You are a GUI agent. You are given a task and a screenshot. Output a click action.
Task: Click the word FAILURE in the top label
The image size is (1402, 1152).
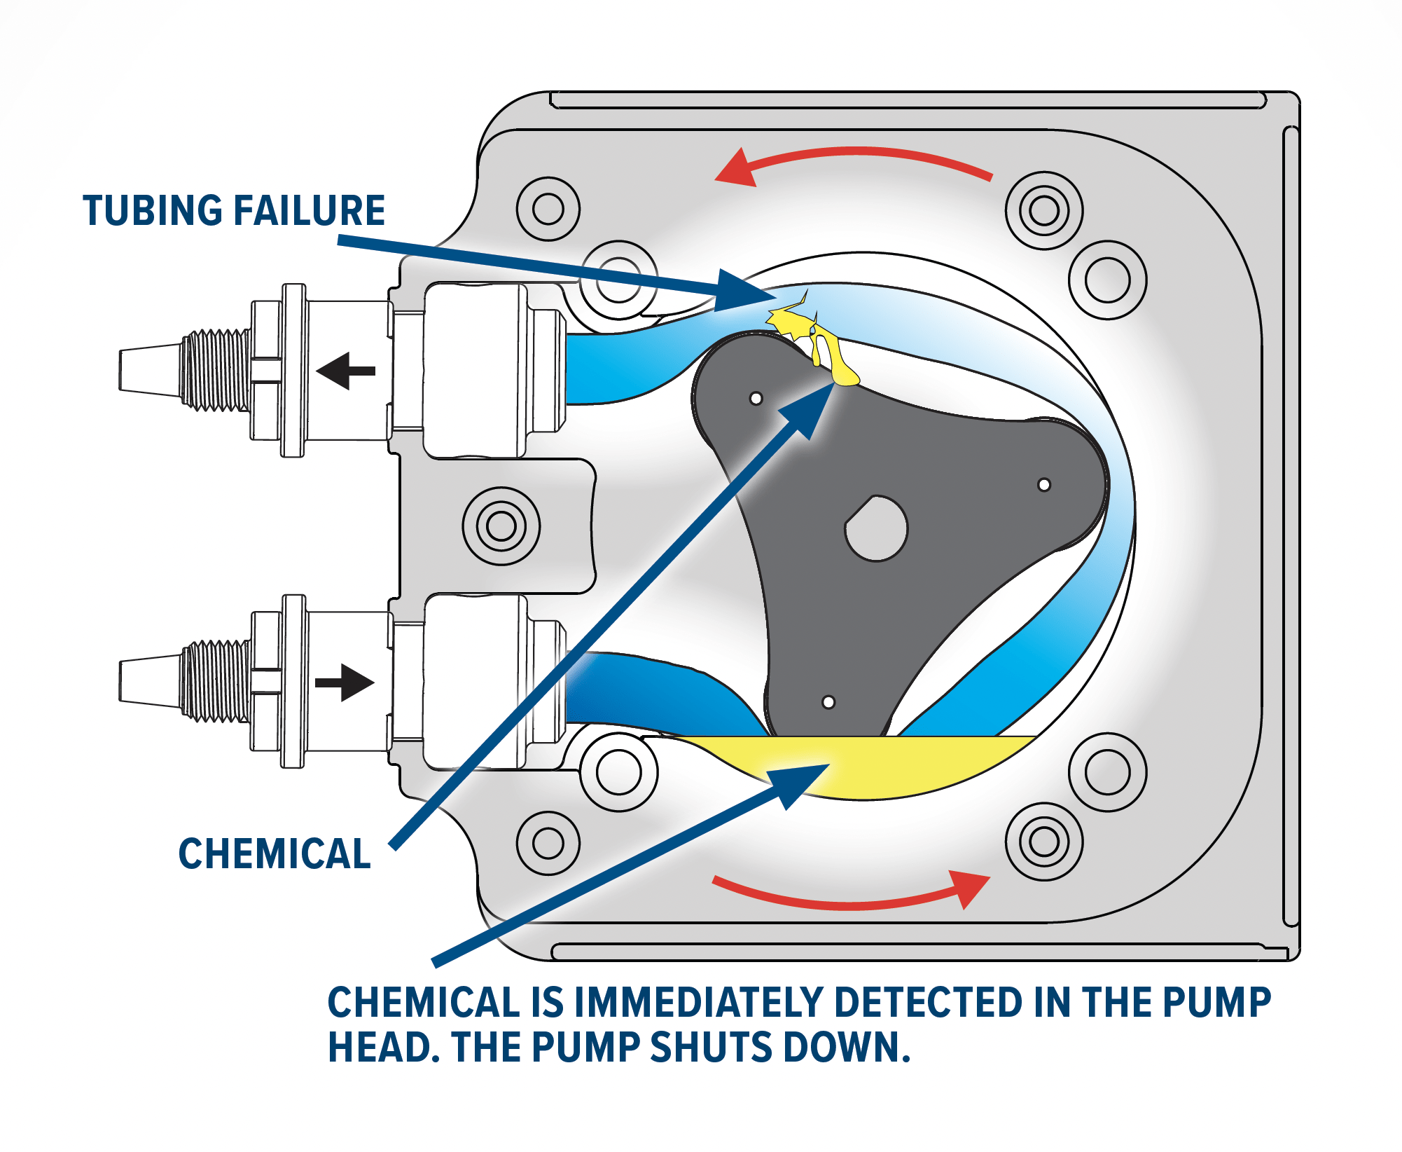coord(309,210)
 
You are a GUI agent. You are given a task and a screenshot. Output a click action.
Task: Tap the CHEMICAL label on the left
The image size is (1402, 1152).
coord(275,853)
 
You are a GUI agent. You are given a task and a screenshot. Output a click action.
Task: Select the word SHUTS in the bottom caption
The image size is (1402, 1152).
coord(712,1048)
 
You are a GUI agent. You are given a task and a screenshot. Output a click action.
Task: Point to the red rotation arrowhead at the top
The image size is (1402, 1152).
coord(735,168)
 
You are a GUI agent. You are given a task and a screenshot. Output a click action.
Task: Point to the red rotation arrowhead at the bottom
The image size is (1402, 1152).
coord(969,887)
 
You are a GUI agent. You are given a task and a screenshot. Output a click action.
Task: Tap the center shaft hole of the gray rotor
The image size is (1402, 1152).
coord(877,529)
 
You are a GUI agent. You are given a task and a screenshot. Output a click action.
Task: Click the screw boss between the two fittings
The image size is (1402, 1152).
coord(501,526)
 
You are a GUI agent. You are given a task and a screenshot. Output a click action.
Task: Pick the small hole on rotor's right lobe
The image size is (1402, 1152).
coord(1043,485)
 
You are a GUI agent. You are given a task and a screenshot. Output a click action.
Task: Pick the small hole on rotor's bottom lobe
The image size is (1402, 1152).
coord(828,702)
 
